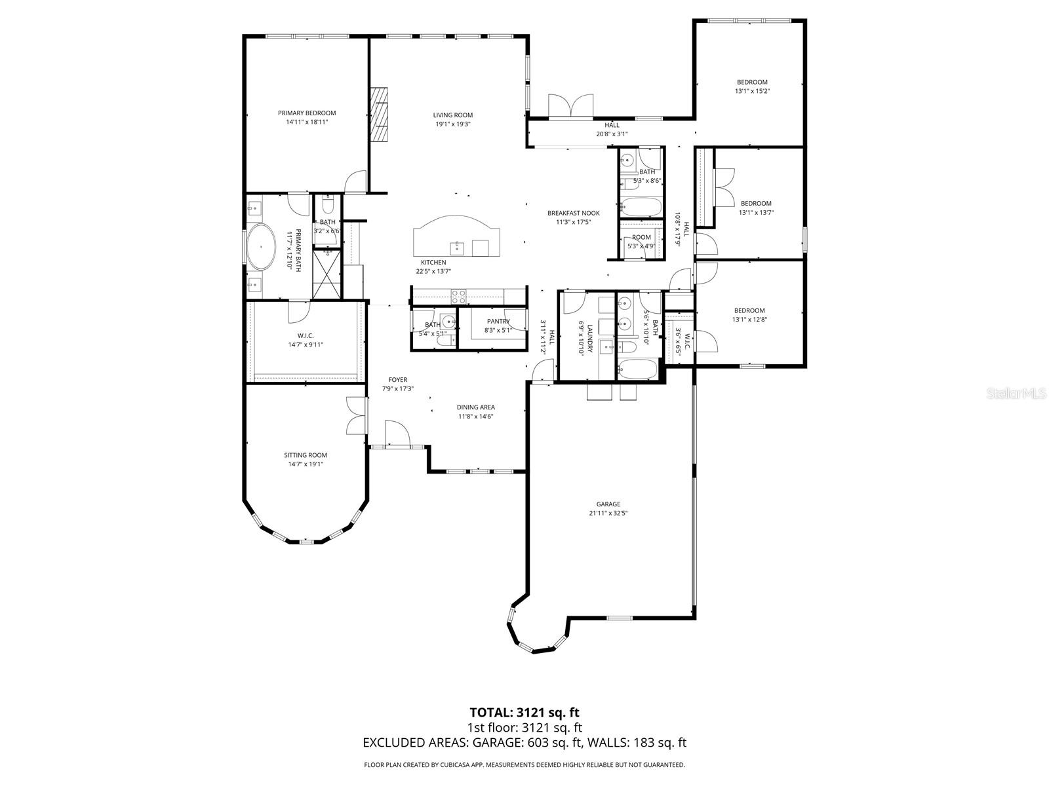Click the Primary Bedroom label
(306, 113)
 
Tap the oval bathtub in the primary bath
(261, 247)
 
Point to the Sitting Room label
(305, 455)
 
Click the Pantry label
(498, 321)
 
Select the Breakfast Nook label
(573, 213)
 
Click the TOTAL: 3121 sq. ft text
(524, 712)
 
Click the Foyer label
(397, 380)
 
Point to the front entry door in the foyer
(397, 434)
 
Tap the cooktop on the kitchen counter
(458, 296)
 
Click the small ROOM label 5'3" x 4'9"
(641, 237)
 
